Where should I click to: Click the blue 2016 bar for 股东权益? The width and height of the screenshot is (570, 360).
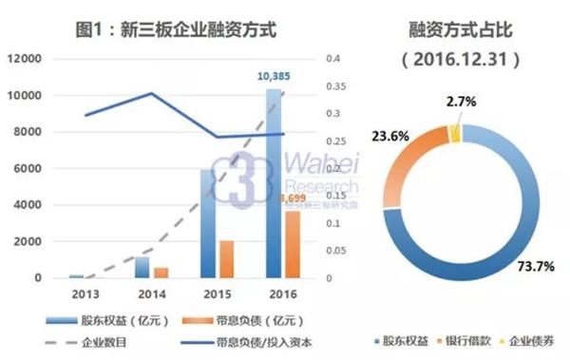click(x=273, y=180)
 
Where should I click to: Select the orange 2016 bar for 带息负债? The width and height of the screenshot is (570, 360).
click(x=293, y=244)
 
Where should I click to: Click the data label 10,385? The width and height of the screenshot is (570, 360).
click(x=276, y=74)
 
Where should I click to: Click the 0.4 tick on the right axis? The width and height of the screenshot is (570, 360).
click(x=333, y=59)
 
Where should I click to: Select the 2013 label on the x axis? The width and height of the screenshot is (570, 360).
click(x=76, y=294)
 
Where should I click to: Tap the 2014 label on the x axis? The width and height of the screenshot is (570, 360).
click(x=142, y=294)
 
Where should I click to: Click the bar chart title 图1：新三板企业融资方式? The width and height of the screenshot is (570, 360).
click(x=177, y=28)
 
